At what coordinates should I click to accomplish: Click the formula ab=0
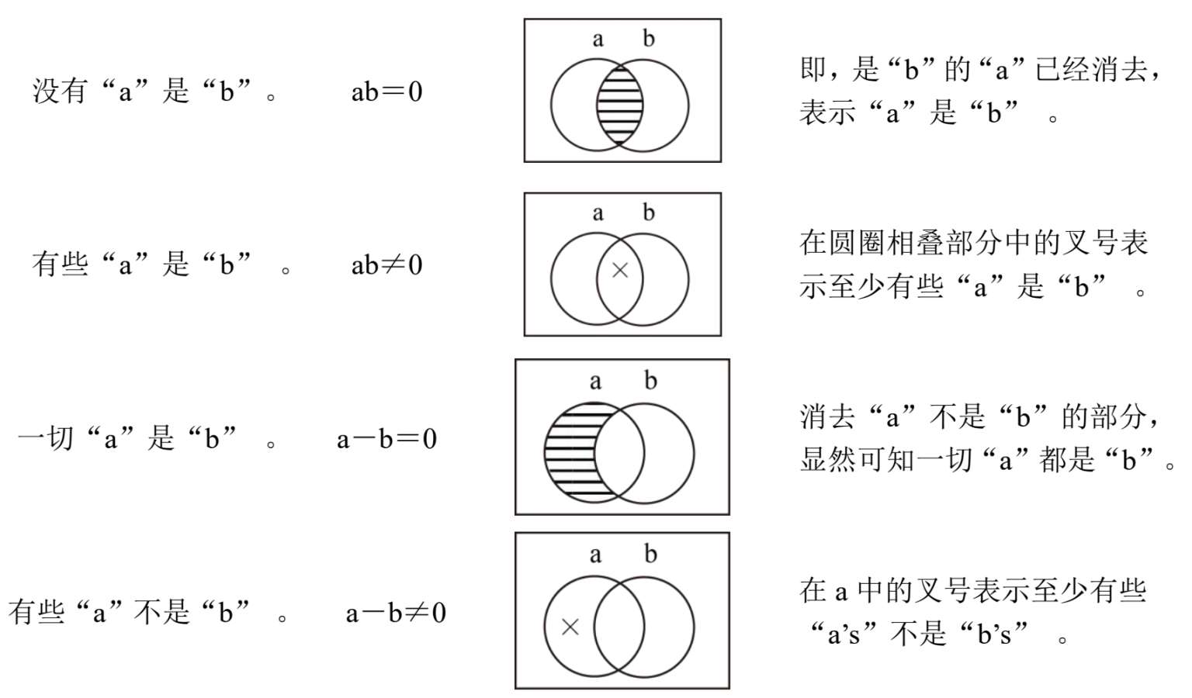pos(386,92)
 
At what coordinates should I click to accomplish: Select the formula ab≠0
pos(386,265)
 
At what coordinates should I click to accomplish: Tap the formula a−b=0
pos(386,439)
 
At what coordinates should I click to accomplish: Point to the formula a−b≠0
pos(396,613)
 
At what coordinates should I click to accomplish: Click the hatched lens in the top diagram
pos(620,105)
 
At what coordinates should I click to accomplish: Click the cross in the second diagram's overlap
pos(620,270)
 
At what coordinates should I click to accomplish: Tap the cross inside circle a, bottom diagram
pos(570,627)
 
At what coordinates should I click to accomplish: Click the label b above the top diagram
pos(649,38)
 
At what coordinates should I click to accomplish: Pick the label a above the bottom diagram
pos(594,555)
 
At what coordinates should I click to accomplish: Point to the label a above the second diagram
pos(597,213)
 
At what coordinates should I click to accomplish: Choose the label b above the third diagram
pos(650,380)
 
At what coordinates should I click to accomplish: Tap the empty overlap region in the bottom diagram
pos(619,627)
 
